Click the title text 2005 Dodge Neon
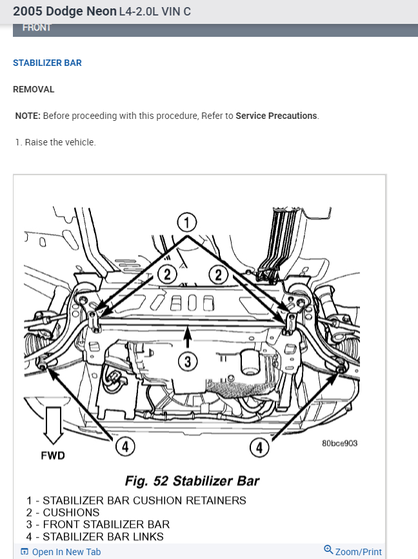[65, 12]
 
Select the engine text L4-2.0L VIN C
[155, 12]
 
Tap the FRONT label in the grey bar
[37, 28]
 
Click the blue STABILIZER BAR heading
[47, 63]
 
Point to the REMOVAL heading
[34, 90]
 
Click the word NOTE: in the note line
[28, 116]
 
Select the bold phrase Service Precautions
[276, 116]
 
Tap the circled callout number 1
[186, 224]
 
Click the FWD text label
[53, 456]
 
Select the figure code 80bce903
[339, 443]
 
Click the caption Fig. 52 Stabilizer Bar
[192, 481]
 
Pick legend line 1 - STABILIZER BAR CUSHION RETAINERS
[136, 500]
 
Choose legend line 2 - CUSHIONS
[63, 512]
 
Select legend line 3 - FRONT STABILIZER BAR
[98, 525]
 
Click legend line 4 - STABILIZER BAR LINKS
[95, 537]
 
